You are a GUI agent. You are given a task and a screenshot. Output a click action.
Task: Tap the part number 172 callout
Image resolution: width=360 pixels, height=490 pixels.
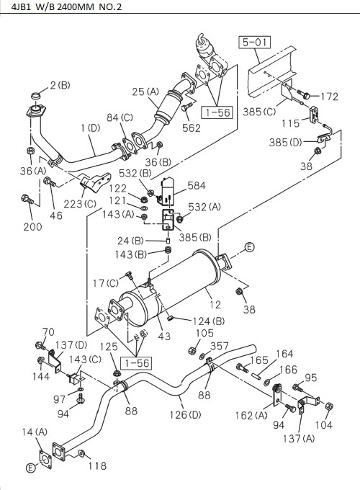(x=328, y=96)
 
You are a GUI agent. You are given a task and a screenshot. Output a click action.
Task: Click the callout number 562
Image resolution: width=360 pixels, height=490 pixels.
(x=191, y=129)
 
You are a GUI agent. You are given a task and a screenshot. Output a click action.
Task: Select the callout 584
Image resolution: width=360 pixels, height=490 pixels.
(x=196, y=186)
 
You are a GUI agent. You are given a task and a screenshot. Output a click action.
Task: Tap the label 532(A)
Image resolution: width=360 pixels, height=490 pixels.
(x=204, y=208)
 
